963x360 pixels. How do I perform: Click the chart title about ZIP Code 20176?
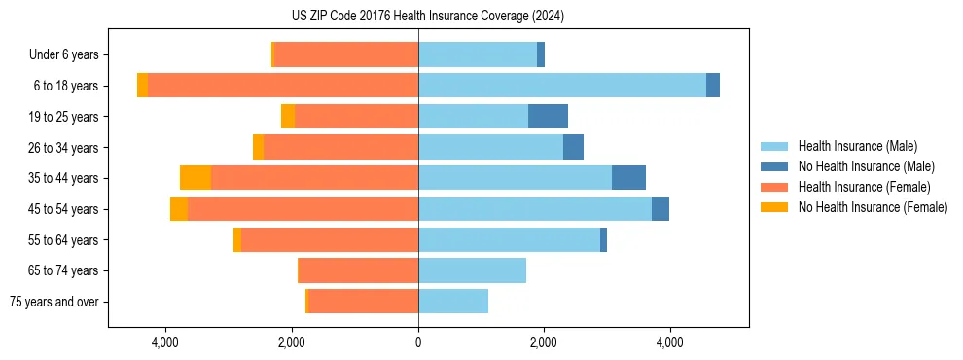(x=427, y=17)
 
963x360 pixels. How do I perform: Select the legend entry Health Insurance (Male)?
(x=857, y=146)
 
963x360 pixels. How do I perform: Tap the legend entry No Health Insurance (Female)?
(x=873, y=207)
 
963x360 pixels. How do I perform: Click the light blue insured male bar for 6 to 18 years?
(x=562, y=86)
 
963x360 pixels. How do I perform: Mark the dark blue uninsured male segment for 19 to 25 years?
(x=548, y=117)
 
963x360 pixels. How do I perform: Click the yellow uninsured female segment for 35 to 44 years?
(x=196, y=178)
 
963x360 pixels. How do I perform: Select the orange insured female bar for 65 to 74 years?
(x=358, y=270)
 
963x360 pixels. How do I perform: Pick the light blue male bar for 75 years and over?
(x=453, y=302)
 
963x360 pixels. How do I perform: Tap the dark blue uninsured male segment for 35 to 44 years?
(x=628, y=178)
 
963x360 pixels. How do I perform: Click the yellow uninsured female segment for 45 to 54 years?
(x=179, y=209)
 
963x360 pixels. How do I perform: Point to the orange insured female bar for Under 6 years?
(x=346, y=54)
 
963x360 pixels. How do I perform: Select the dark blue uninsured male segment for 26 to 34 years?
(x=573, y=147)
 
